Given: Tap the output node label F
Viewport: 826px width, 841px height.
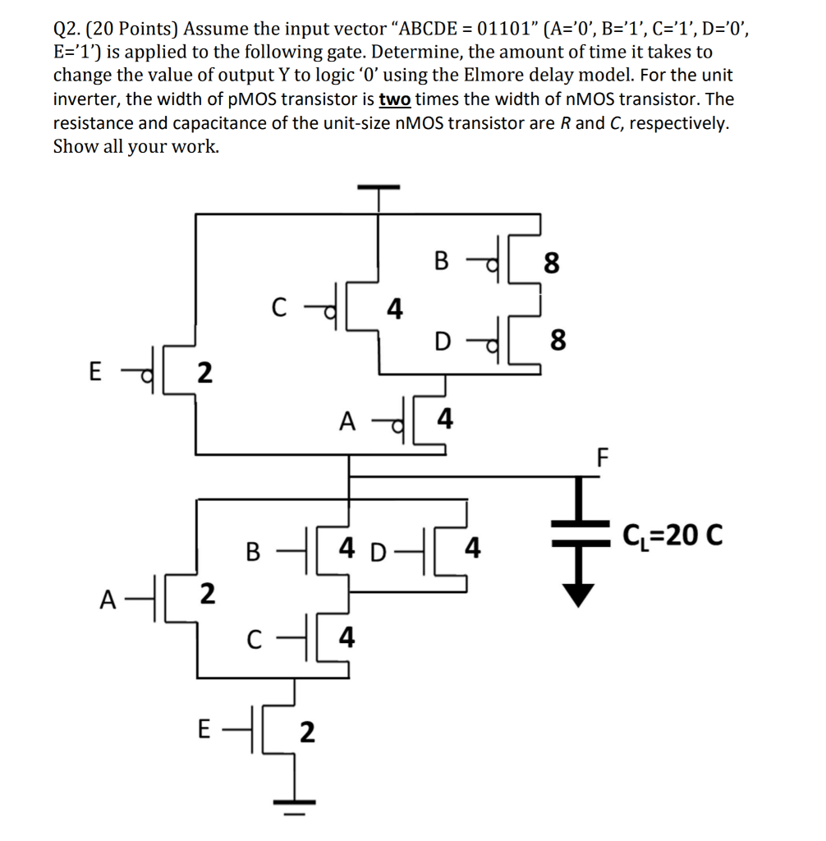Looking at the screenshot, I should tap(603, 456).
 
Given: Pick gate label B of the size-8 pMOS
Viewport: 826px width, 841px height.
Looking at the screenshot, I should tap(441, 262).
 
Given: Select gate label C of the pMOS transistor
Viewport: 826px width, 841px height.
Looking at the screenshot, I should tap(279, 310).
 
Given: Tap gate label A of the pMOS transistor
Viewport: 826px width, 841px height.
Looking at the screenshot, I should tap(348, 421).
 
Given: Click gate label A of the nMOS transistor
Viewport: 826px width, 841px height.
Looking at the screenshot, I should tap(108, 599).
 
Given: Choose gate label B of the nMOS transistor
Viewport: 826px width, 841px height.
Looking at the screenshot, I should tap(255, 549).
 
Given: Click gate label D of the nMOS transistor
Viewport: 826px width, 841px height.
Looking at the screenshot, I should tap(377, 549).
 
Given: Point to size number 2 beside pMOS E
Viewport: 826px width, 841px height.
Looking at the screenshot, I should tap(204, 372).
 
